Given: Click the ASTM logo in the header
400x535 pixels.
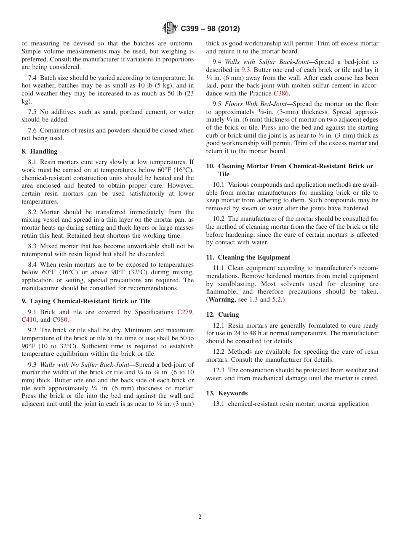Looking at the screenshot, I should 170,29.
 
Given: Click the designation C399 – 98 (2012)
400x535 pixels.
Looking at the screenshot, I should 210,29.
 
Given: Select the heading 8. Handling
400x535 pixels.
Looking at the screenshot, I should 39,151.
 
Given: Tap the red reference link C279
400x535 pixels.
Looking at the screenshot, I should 185,312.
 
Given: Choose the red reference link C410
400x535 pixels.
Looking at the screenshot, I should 29,320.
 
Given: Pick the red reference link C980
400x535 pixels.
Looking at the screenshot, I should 60,320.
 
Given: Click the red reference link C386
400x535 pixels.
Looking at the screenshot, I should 281,93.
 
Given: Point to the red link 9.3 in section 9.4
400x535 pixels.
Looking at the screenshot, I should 245,70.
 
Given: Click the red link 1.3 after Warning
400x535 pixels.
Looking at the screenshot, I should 253,299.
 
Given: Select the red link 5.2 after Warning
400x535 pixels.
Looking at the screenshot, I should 276,299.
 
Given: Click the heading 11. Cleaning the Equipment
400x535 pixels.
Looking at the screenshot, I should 248,257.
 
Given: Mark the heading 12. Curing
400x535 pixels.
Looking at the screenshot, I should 222,315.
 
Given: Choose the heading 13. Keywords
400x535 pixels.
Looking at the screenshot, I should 227,393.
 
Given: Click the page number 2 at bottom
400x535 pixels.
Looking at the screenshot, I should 200,517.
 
